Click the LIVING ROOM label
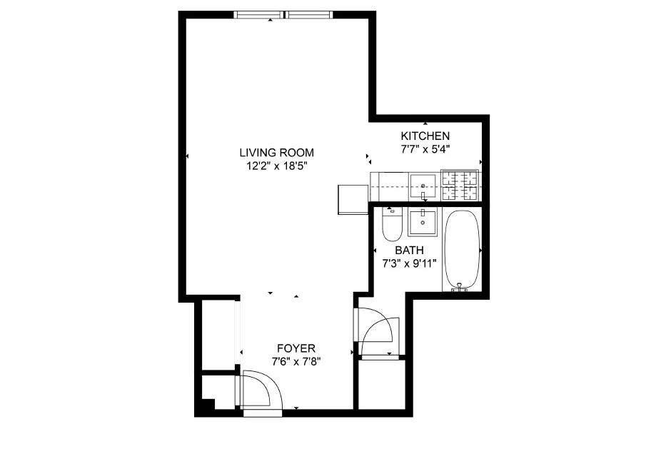(276, 152)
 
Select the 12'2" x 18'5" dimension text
(276, 166)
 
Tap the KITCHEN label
(425, 136)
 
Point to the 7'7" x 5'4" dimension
(425, 149)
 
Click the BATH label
(409, 251)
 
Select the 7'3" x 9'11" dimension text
(409, 263)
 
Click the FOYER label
(296, 348)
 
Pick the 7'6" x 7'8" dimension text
(296, 361)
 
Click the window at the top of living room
(283, 14)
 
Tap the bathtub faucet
(461, 287)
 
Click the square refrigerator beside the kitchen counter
(352, 199)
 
